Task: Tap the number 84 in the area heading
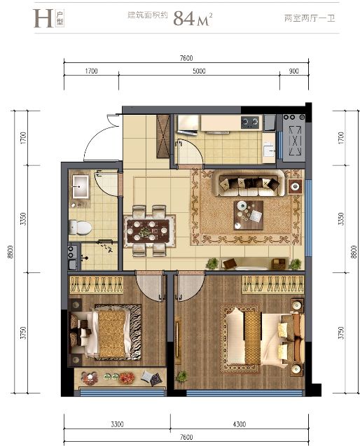pyautogui.click(x=185, y=18)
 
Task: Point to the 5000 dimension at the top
pyautogui.click(x=198, y=71)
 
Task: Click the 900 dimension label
pyautogui.click(x=293, y=71)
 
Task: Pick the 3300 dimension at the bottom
pyautogui.click(x=116, y=424)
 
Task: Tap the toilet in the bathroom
pyautogui.click(x=81, y=227)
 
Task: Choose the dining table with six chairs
pyautogui.click(x=149, y=228)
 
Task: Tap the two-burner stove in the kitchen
pyautogui.click(x=249, y=123)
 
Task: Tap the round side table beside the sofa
pyautogui.click(x=293, y=187)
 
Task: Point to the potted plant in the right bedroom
pyautogui.click(x=181, y=376)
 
